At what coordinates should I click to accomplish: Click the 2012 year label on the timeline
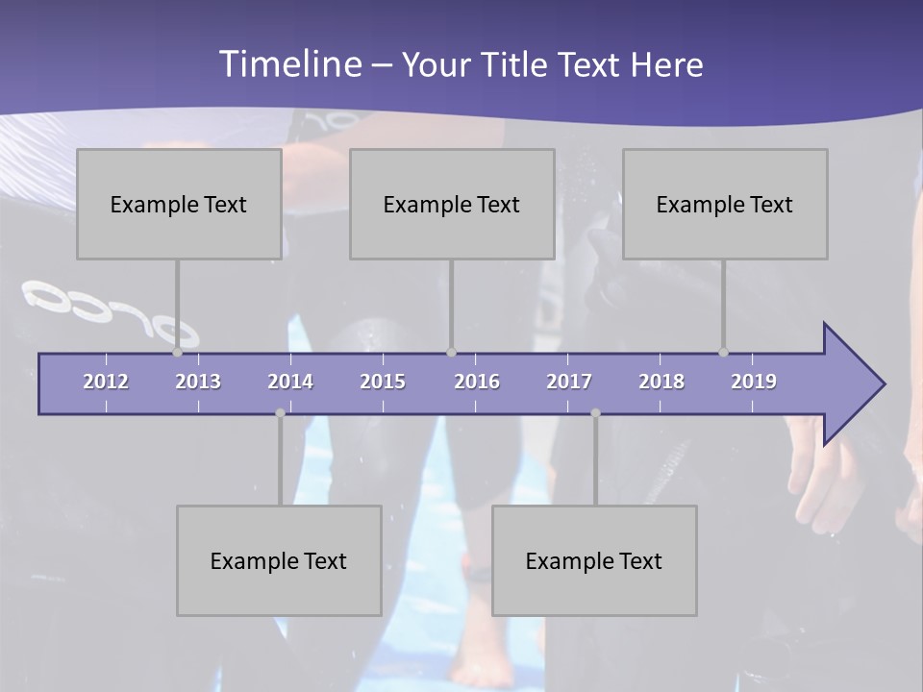106,382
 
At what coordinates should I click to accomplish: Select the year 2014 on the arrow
290,382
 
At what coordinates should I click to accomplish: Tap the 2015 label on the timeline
383,382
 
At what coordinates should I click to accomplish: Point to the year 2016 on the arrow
477,382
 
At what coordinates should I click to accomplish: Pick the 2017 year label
569,382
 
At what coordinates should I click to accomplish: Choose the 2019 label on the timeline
754,382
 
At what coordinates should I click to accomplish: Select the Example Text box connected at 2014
279,560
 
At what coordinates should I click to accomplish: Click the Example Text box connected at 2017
594,560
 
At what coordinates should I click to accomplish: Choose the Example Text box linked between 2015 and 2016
452,204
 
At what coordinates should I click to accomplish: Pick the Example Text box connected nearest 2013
179,204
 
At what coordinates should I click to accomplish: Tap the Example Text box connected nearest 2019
725,204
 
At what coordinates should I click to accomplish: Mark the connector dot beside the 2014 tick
280,413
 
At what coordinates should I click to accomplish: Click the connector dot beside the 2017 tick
595,413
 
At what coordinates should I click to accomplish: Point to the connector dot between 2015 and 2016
451,353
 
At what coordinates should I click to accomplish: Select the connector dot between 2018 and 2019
723,353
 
